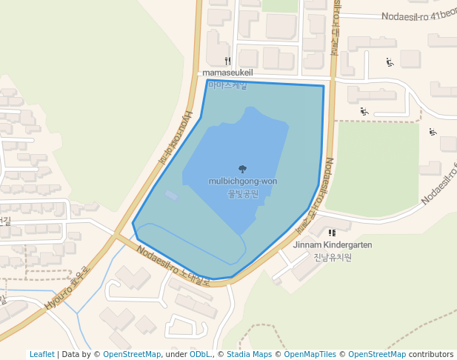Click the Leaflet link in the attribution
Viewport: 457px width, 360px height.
[x=41, y=354]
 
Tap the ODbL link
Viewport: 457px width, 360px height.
[x=199, y=354]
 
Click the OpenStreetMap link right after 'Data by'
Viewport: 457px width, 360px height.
[x=132, y=354]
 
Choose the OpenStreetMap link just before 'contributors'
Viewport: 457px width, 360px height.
[x=376, y=354]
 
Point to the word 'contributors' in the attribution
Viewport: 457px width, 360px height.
[x=431, y=354]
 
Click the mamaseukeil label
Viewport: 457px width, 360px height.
[x=227, y=73]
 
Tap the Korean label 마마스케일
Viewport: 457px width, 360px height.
[x=227, y=85]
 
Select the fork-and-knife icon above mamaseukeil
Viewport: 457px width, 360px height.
[x=227, y=61]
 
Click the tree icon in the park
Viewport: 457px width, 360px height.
[x=243, y=170]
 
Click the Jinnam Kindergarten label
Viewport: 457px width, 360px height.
[x=333, y=244]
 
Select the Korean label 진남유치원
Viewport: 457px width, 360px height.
[x=333, y=257]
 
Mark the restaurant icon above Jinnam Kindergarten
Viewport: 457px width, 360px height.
[x=332, y=233]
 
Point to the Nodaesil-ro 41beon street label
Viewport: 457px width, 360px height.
[x=418, y=16]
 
